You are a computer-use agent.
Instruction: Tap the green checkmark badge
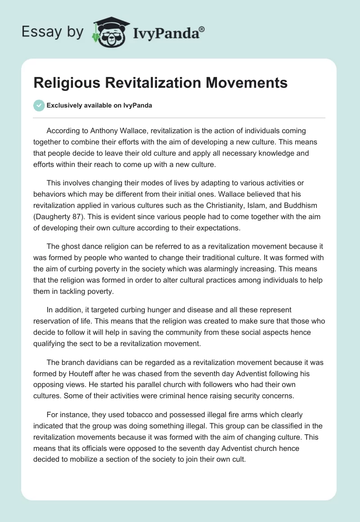pos(39,105)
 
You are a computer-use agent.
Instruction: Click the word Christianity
pos(198,207)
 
